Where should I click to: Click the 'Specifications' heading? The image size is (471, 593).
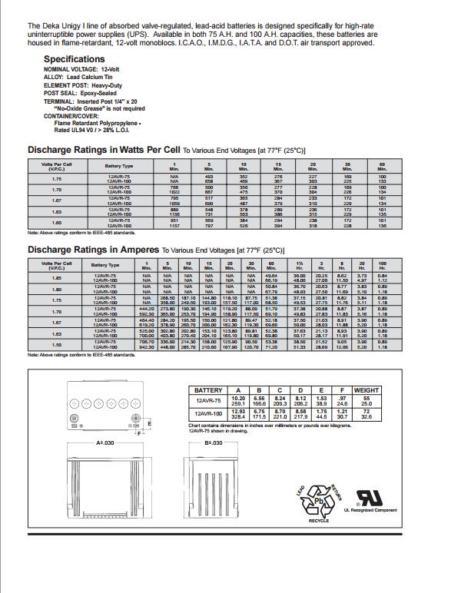pyautogui.click(x=74, y=59)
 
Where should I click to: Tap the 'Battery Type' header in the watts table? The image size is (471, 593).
pyautogui.click(x=119, y=165)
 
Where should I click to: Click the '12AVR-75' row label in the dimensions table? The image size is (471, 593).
pyautogui.click(x=209, y=401)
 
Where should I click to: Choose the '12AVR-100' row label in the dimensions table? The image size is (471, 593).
pyautogui.click(x=209, y=415)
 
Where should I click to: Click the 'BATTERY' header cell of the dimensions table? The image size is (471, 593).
pyautogui.click(x=208, y=390)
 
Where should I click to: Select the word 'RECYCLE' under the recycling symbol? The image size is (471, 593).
pyautogui.click(x=313, y=520)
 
